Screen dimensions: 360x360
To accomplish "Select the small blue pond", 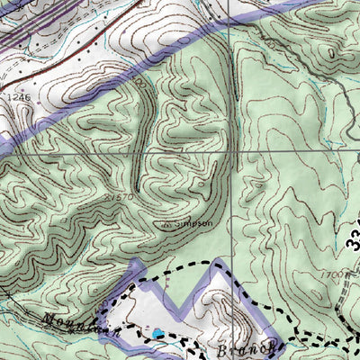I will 158,334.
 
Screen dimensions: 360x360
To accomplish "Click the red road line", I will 108,18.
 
